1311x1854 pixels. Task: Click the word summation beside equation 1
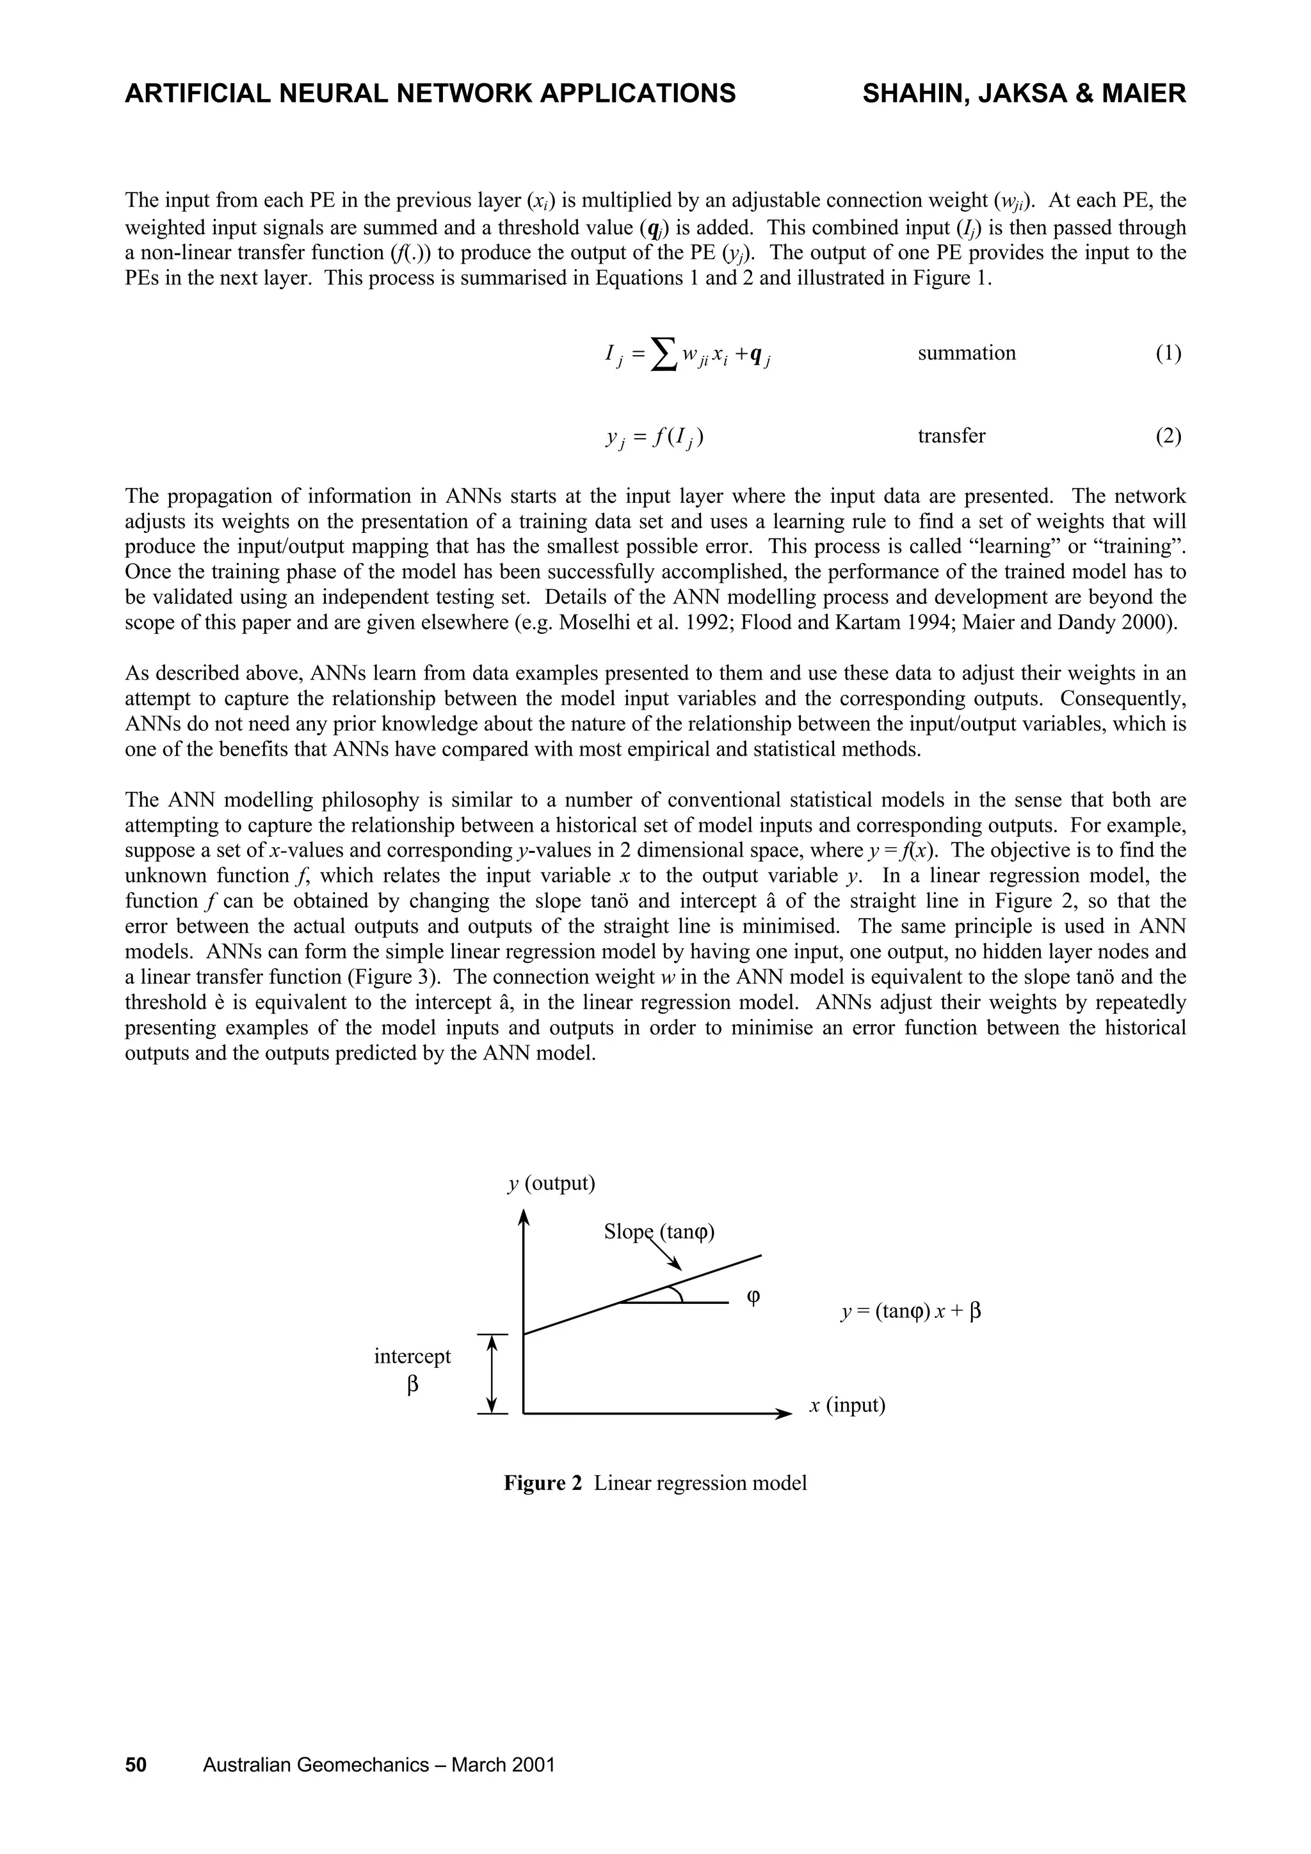click(967, 353)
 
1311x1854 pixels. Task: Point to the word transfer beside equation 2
click(951, 436)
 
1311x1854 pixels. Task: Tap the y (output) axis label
click(551, 1184)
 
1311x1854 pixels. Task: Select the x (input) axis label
click(848, 1405)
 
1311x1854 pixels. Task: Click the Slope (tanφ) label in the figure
click(660, 1232)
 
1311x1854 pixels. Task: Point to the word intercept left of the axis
click(412, 1356)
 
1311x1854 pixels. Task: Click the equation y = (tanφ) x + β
click(910, 1311)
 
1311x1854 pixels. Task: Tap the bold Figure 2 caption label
click(542, 1484)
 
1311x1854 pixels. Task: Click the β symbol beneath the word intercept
click(413, 1386)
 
